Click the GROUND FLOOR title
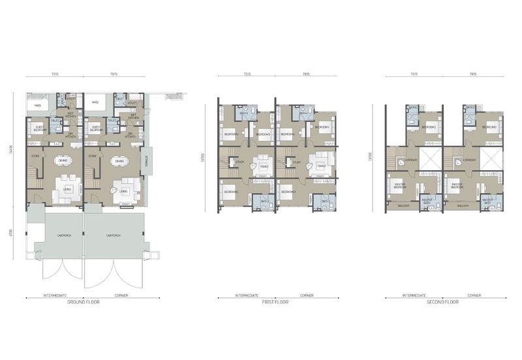tap(84, 303)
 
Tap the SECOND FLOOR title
tap(444, 303)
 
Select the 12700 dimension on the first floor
tap(206, 157)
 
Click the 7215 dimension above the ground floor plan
tap(55, 74)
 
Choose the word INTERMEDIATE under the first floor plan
tap(246, 296)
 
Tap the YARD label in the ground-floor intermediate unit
tap(38, 104)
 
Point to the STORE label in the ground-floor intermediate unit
tap(37, 157)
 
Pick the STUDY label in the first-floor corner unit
tap(296, 162)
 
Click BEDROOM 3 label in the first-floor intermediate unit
tap(231, 192)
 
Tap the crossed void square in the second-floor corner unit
tap(491, 159)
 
